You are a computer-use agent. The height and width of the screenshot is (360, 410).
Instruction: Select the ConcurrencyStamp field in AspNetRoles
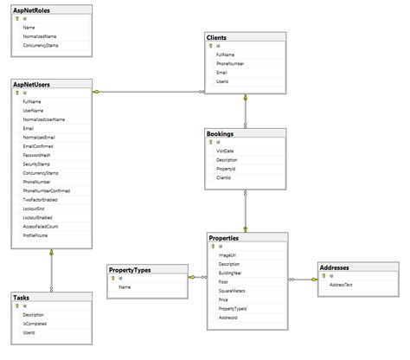click(40, 44)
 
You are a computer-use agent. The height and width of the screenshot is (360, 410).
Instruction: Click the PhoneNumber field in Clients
click(231, 63)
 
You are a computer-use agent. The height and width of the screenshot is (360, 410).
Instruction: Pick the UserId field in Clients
click(222, 82)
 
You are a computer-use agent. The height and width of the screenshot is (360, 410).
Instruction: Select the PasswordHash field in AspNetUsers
click(37, 156)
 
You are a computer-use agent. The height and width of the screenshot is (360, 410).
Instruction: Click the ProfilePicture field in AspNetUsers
click(36, 235)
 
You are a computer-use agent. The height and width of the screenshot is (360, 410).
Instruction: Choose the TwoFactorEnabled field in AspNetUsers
click(40, 200)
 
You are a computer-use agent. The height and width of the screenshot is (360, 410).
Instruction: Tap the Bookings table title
click(220, 133)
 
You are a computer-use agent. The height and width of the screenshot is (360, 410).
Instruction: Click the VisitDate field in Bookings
click(225, 151)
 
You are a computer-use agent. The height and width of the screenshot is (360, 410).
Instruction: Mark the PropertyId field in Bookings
click(226, 169)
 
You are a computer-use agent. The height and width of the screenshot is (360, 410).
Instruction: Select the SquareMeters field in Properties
click(232, 291)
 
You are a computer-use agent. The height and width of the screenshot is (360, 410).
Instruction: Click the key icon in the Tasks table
click(17, 306)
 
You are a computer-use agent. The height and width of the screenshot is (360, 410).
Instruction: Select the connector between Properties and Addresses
click(302, 279)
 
